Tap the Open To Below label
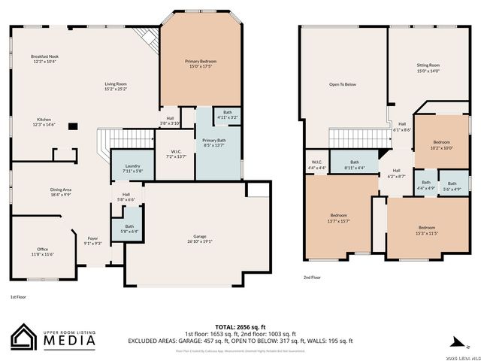[342, 84]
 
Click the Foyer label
[92, 240]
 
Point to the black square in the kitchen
[72, 126]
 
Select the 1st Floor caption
[20, 298]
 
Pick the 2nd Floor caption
[312, 278]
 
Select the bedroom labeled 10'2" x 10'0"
[442, 144]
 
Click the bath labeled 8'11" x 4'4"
[354, 165]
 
